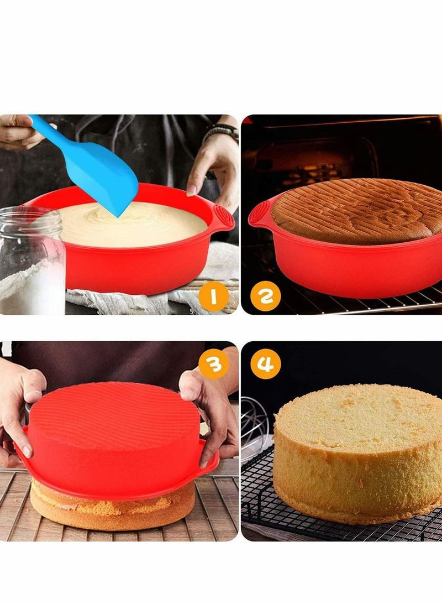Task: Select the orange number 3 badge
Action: click(x=214, y=365)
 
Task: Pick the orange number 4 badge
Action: click(x=266, y=365)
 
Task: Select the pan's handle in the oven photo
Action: click(x=259, y=213)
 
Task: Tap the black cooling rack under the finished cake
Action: click(x=260, y=498)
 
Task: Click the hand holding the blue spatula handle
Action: click(x=17, y=131)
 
